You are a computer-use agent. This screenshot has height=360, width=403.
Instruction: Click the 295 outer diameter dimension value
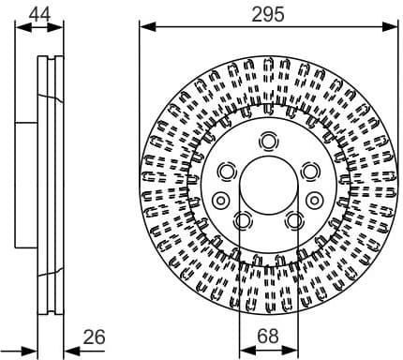pyautogui.click(x=269, y=12)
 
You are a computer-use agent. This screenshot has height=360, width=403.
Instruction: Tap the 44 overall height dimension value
pyautogui.click(x=39, y=12)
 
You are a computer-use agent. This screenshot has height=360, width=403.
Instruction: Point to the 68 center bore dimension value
pyautogui.click(x=268, y=336)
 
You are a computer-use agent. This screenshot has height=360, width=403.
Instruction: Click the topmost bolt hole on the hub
pyautogui.click(x=269, y=142)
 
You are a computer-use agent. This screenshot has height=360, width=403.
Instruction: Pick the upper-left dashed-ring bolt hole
pyautogui.click(x=226, y=172)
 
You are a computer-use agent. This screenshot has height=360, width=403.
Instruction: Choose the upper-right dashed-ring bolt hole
pyautogui.click(x=312, y=172)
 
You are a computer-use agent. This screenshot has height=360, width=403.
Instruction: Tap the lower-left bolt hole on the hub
pyautogui.click(x=243, y=221)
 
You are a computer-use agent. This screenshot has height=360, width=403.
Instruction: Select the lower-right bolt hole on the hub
pyautogui.click(x=295, y=221)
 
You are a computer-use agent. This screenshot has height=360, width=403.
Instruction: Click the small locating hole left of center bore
pyautogui.click(x=220, y=199)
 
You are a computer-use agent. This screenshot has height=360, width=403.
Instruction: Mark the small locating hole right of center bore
pyautogui.click(x=318, y=199)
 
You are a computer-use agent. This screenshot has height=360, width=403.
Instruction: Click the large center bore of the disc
pyautogui.click(x=269, y=187)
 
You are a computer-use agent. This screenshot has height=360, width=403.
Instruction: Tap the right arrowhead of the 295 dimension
pyautogui.click(x=393, y=27)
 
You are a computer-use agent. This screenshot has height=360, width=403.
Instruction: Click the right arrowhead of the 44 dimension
pyautogui.click(x=58, y=27)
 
